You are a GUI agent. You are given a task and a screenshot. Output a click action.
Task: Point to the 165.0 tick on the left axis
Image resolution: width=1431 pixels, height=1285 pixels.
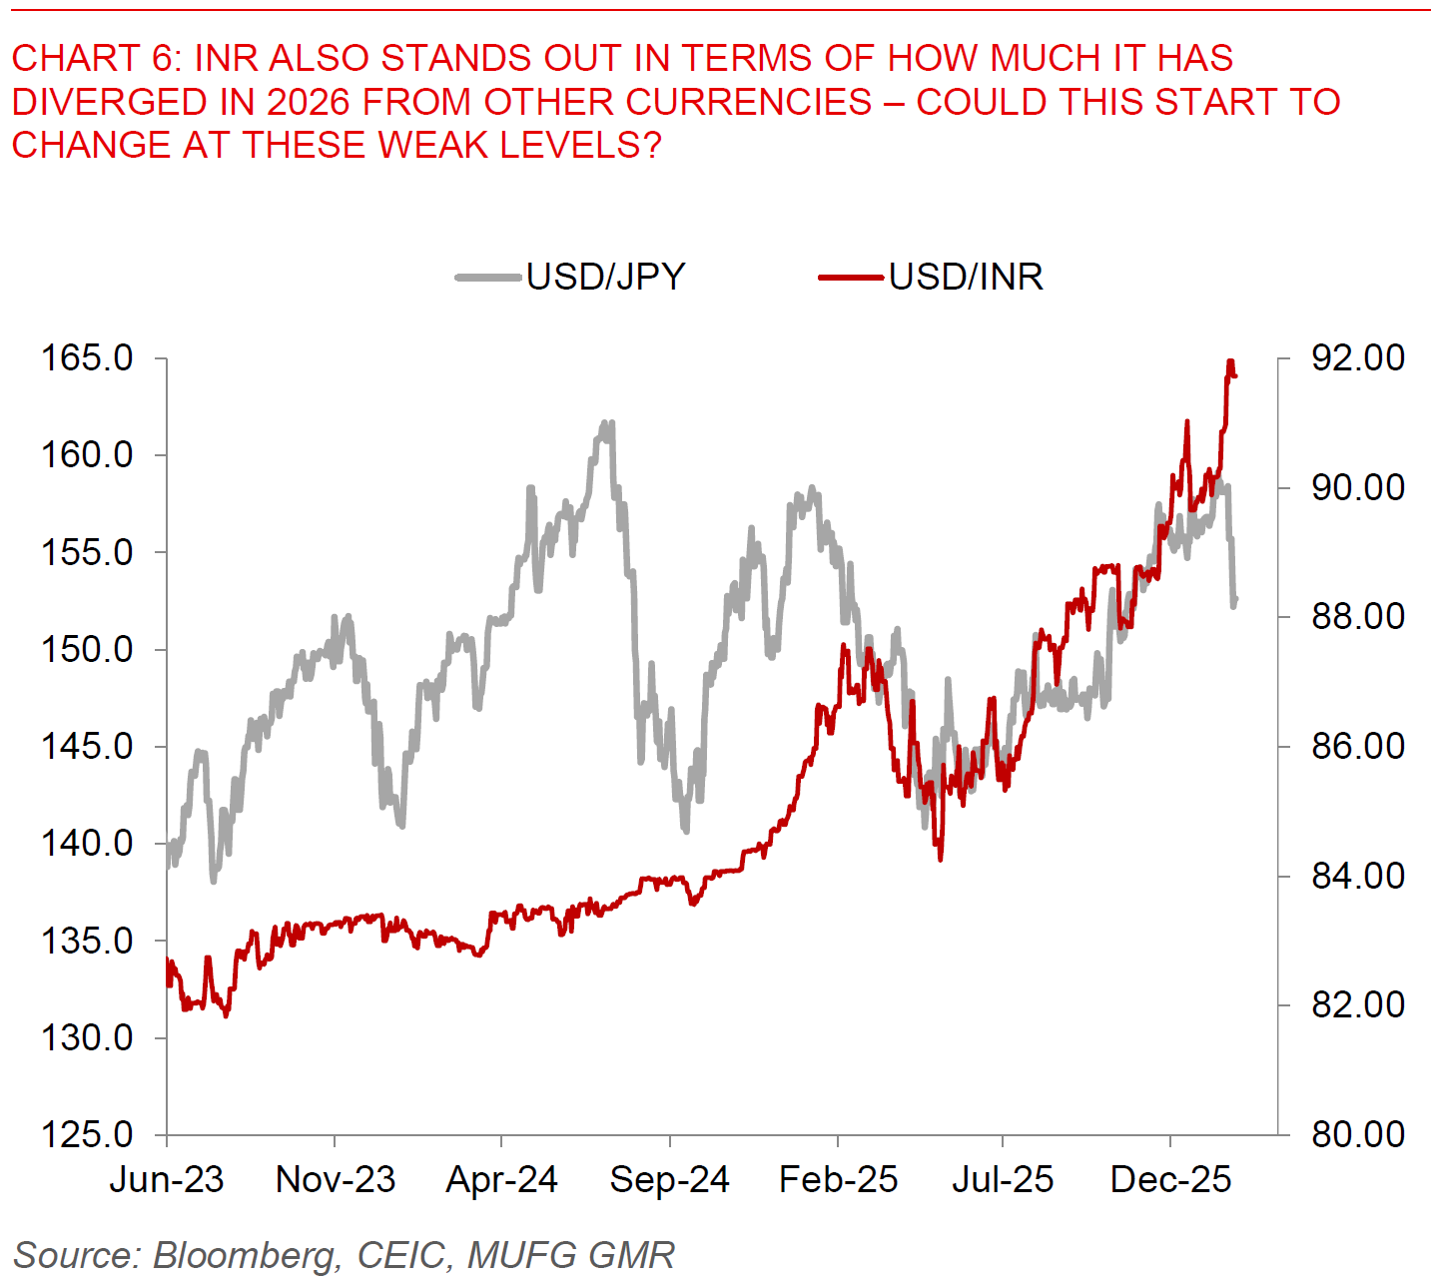coord(87,357)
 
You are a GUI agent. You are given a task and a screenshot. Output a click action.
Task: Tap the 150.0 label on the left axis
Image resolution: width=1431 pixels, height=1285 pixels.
coord(87,649)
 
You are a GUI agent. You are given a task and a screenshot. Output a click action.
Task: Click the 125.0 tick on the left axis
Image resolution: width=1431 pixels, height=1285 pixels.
coord(87,1134)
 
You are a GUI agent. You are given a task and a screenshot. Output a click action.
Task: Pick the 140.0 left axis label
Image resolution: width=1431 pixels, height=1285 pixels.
coord(87,843)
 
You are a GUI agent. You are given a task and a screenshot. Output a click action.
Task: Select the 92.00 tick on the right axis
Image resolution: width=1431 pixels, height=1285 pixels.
coord(1357,357)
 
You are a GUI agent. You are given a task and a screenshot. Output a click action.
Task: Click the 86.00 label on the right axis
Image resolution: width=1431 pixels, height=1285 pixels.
coord(1357,746)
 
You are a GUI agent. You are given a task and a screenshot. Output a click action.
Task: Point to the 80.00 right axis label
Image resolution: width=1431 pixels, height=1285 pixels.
coord(1357,1134)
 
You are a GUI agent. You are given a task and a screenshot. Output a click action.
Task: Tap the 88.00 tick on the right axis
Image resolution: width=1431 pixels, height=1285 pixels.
coord(1357,616)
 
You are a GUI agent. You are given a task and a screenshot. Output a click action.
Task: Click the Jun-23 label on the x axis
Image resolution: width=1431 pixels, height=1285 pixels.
coord(167,1180)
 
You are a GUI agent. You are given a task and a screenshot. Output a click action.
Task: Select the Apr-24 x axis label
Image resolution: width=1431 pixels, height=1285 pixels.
coord(501,1180)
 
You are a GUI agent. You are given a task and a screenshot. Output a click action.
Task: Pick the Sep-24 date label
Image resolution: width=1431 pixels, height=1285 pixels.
coord(669,1180)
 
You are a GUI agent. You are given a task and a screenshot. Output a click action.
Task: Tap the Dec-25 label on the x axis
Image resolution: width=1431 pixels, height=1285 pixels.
coord(1170,1180)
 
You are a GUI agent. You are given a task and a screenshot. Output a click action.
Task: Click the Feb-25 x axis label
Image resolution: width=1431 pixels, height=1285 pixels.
coord(838,1180)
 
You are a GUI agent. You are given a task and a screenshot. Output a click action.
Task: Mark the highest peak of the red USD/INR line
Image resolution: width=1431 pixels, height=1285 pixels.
coord(1230,361)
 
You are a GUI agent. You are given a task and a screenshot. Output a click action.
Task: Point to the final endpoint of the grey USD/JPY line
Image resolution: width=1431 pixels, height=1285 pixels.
coord(1235,600)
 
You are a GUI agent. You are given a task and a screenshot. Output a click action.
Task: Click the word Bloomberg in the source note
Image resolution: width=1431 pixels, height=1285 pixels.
coord(246,1255)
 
